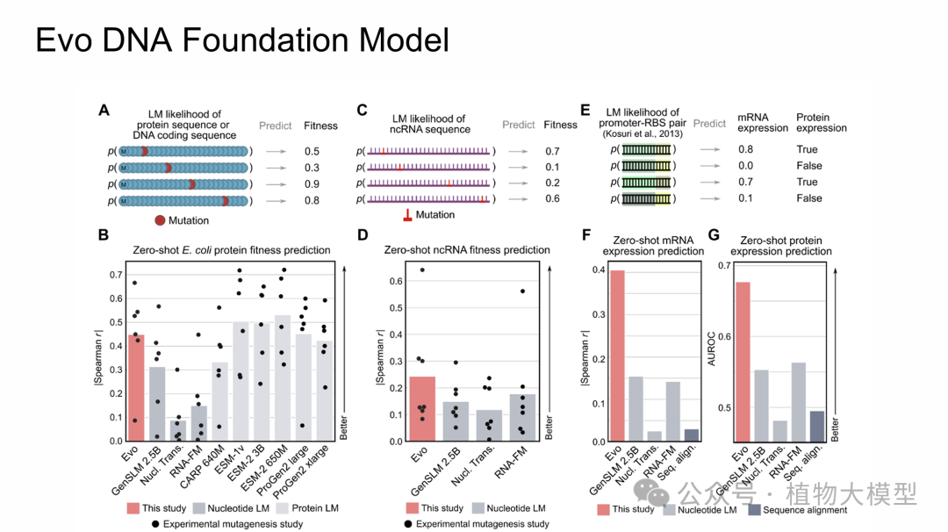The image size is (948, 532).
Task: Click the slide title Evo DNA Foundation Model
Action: pyautogui.click(x=241, y=40)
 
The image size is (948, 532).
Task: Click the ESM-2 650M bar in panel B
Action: pyautogui.click(x=283, y=377)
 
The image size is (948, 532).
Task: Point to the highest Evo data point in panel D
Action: pyautogui.click(x=422, y=270)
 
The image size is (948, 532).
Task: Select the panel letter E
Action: pyautogui.click(x=585, y=111)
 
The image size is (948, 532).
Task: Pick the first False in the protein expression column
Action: pyautogui.click(x=808, y=166)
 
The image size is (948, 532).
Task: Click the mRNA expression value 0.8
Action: pyautogui.click(x=745, y=150)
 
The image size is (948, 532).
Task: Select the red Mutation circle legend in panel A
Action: pyautogui.click(x=161, y=220)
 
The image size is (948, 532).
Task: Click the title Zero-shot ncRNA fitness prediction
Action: pyautogui.click(x=467, y=250)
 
